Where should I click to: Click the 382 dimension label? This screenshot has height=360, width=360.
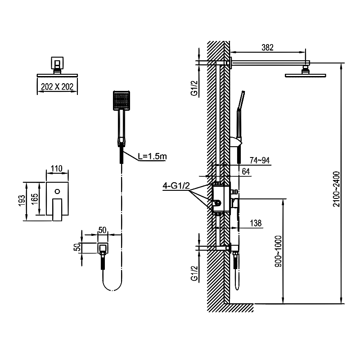[267, 47]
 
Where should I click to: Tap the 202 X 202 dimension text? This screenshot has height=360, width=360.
[57, 87]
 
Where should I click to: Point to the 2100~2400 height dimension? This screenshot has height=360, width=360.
[336, 189]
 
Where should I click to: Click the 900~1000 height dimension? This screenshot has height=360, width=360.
[278, 252]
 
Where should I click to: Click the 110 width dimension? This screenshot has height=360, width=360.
[57, 169]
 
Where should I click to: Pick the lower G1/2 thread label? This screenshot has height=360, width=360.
[194, 273]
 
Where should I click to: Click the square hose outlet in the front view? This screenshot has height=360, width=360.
[103, 247]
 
